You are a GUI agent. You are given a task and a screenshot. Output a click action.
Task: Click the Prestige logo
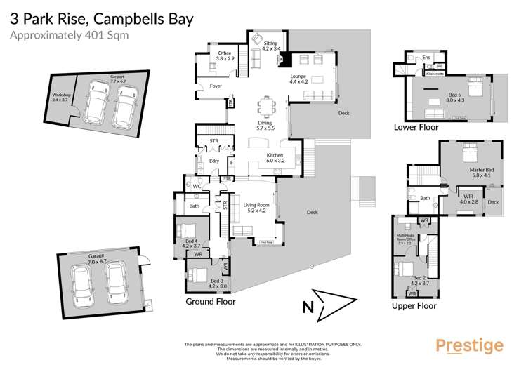click(x=469, y=345)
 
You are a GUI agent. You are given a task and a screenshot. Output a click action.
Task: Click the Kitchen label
click(x=275, y=158)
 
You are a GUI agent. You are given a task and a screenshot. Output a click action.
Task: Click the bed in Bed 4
click(x=188, y=231)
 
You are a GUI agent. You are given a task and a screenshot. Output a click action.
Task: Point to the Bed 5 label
click(x=455, y=98)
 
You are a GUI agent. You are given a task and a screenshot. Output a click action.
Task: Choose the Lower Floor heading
click(x=416, y=127)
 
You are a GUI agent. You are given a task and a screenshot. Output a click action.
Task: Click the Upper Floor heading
click(x=414, y=305)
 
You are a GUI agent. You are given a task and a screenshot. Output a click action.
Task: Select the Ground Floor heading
click(x=211, y=301)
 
